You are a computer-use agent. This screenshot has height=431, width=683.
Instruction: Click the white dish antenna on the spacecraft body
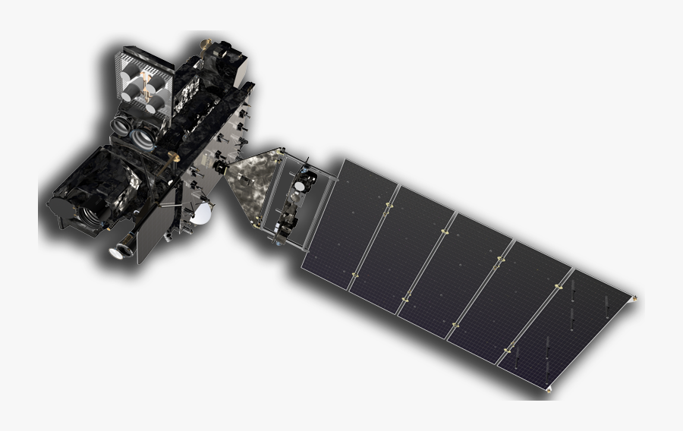point(201,215)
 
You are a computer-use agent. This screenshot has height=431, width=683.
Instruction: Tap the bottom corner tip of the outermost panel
point(549,391)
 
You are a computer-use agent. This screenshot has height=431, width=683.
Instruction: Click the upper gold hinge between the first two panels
point(389,205)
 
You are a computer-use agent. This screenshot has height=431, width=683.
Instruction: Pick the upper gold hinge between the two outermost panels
point(558,286)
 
